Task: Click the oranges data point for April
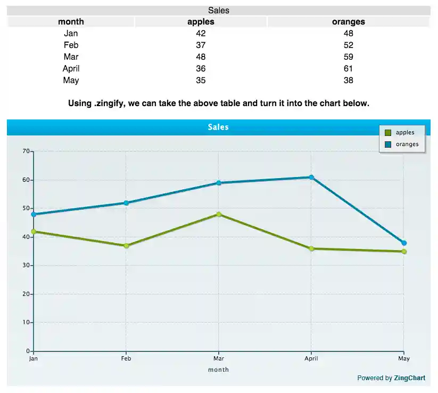pos(311,177)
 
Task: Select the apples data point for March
pos(219,214)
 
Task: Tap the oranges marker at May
pos(404,243)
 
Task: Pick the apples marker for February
pos(126,246)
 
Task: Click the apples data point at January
pos(34,231)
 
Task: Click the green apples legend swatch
pos(388,133)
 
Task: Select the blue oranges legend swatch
pos(388,144)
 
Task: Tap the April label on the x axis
pos(311,358)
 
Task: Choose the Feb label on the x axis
pos(126,358)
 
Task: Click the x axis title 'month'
pos(218,370)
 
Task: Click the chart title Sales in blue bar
pos(218,127)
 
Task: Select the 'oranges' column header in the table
pos(348,22)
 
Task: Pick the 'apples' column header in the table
pos(201,22)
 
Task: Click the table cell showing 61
pos(348,68)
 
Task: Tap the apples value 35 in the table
pos(201,80)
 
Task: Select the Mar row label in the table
pos(71,57)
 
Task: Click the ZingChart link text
pos(409,378)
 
